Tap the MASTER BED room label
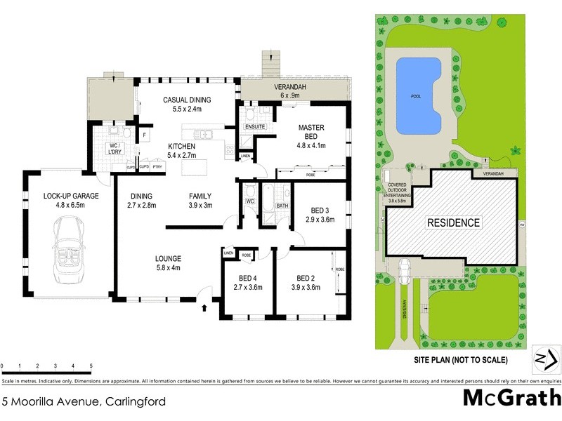coord(311,132)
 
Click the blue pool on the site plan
coord(419,95)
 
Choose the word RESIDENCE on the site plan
coord(455,223)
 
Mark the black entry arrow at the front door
coord(205,307)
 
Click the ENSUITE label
coord(254,127)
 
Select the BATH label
coord(282,206)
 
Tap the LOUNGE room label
coord(168,258)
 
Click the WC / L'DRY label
coord(113,149)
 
